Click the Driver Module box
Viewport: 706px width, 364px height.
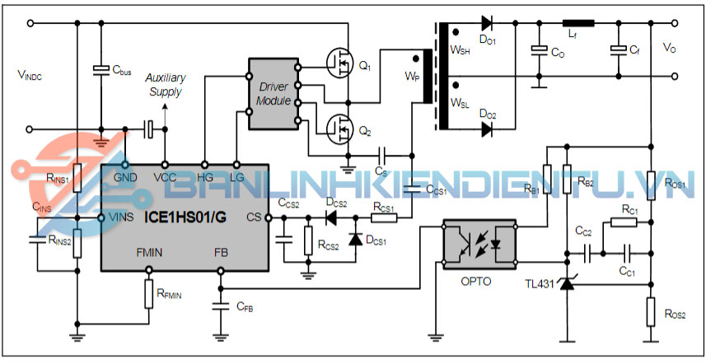[x=274, y=93]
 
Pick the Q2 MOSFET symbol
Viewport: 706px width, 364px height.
[x=337, y=128]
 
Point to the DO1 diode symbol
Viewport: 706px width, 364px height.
[x=488, y=23]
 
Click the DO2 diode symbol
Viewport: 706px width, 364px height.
[x=488, y=129]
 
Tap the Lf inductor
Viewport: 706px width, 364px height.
[x=577, y=23]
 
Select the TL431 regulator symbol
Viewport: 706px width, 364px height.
[x=567, y=285]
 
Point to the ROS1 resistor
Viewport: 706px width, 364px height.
[x=651, y=182]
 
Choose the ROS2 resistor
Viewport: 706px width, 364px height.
[x=651, y=310]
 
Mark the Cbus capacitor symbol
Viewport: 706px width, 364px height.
[x=101, y=68]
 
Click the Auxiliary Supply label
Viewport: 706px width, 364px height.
[x=166, y=84]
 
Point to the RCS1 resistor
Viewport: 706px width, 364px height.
[x=385, y=218]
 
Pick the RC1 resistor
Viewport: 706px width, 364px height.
[x=624, y=222]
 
